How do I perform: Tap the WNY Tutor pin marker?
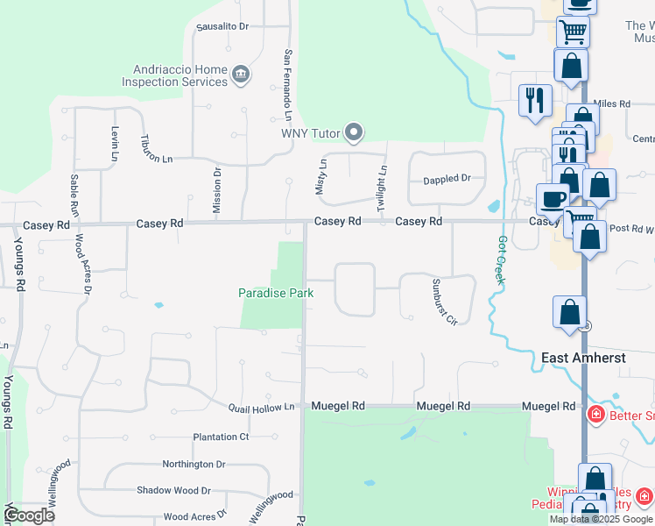click(354, 133)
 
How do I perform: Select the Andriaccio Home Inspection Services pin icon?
click(241, 76)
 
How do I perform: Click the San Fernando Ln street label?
click(287, 85)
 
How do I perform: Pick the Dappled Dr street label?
click(447, 179)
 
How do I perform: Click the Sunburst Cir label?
click(444, 302)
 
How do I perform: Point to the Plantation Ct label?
click(221, 437)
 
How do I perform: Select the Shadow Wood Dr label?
click(173, 491)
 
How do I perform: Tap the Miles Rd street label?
click(612, 103)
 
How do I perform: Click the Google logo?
click(30, 515)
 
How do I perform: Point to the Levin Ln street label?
click(115, 143)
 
